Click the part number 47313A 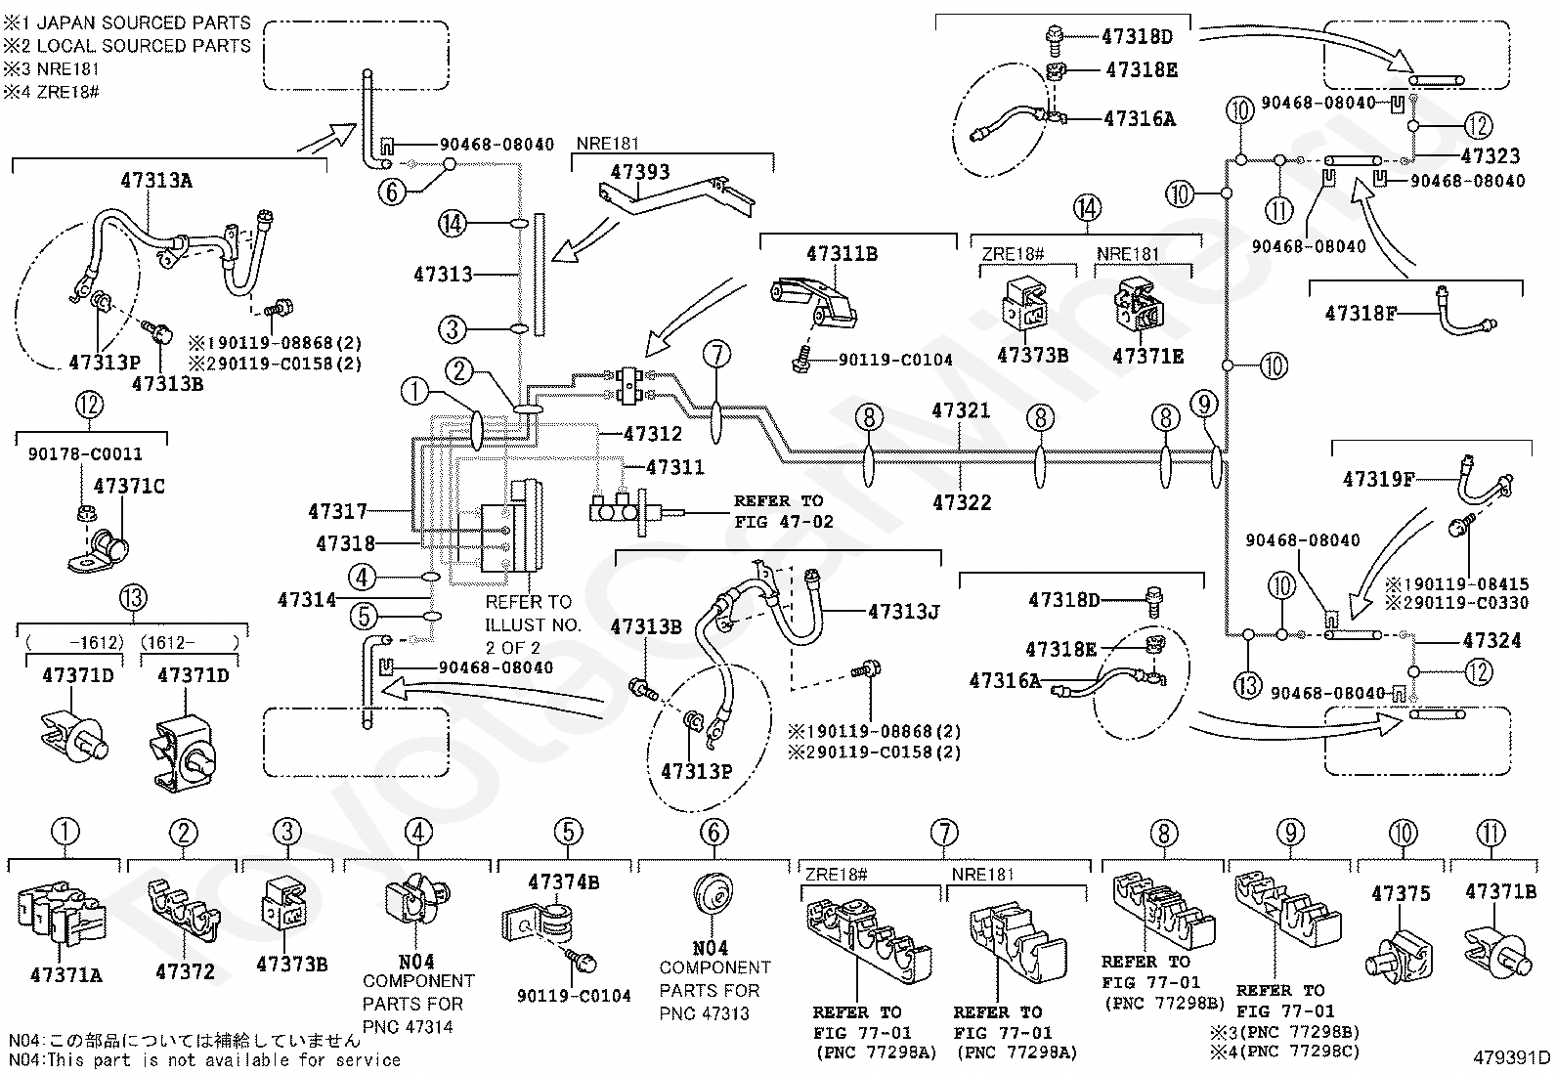pyautogui.click(x=156, y=181)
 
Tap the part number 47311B pyautogui.click(x=842, y=254)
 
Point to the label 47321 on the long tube pyautogui.click(x=961, y=410)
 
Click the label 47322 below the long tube pyautogui.click(x=962, y=502)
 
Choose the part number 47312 pyautogui.click(x=653, y=434)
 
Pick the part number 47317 pyautogui.click(x=337, y=512)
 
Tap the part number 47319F pyautogui.click(x=1379, y=479)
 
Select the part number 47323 pyautogui.click(x=1491, y=155)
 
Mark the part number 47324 pyautogui.click(x=1492, y=640)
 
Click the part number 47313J pyautogui.click(x=904, y=612)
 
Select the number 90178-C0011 pyautogui.click(x=85, y=454)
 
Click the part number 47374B pyautogui.click(x=563, y=882)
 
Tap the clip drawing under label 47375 pyautogui.click(x=1398, y=955)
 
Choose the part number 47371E pyautogui.click(x=1148, y=357)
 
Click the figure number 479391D pyautogui.click(x=1512, y=1058)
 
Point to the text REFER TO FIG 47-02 pyautogui.click(x=784, y=511)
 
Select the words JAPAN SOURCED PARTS pyautogui.click(x=143, y=22)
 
